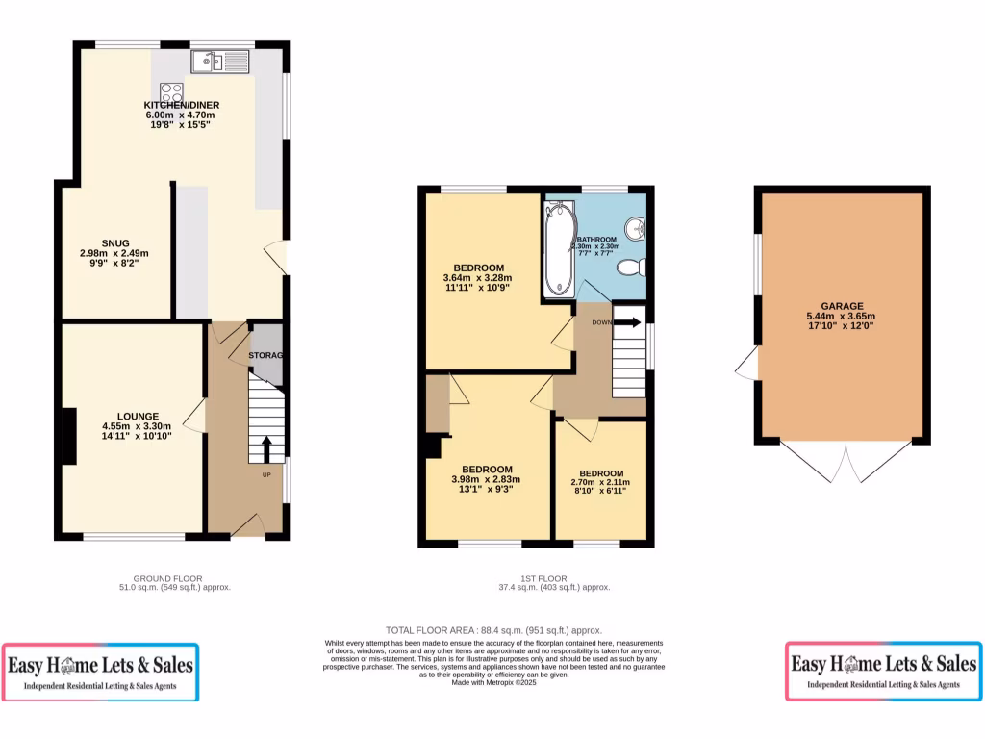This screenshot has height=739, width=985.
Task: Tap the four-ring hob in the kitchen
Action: coord(172,93)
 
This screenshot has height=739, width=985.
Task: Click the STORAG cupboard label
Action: coord(266,356)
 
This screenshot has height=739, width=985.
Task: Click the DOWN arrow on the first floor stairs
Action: coord(627,322)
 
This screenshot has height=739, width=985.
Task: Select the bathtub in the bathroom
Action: coord(559,248)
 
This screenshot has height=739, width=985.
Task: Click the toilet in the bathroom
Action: coord(630,267)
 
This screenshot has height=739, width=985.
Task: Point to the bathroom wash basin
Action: coord(634,227)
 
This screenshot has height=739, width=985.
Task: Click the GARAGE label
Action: coord(841,306)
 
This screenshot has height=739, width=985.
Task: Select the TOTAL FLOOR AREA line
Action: coord(492,630)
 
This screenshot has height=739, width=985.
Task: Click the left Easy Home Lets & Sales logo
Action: coord(101,671)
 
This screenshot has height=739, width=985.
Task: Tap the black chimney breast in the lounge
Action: coord(69,438)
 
